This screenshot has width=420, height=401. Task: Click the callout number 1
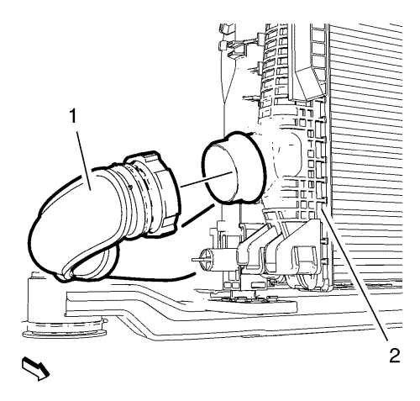73,116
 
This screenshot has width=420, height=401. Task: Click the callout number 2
394,356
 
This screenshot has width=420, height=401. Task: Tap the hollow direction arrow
35,368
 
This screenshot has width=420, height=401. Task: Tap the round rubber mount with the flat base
64,326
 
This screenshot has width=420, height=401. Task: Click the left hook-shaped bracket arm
249,246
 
